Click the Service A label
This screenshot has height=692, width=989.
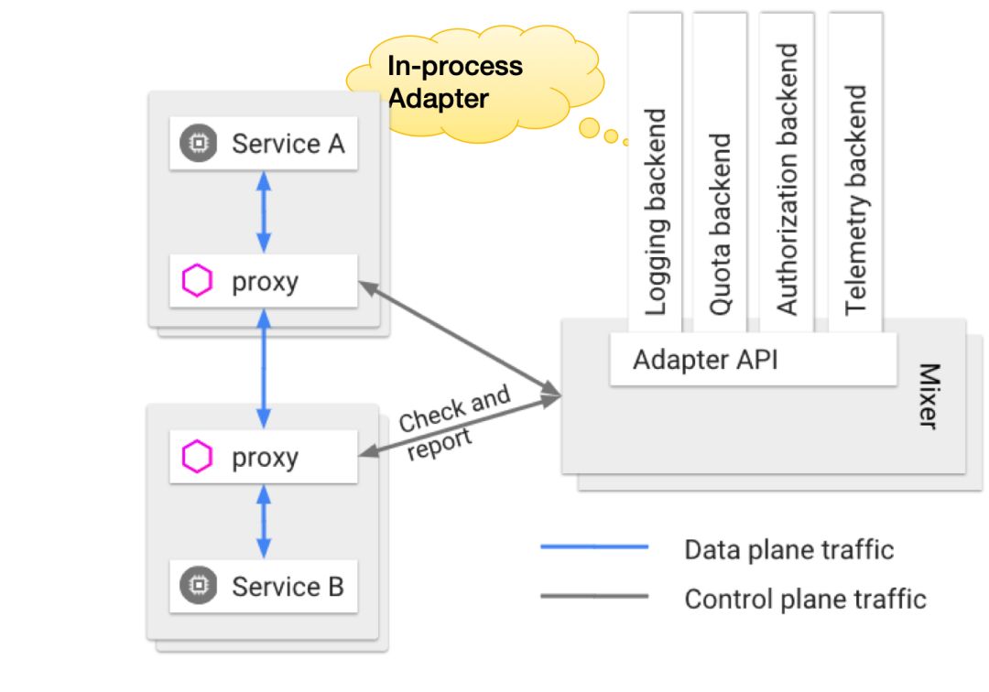(288, 144)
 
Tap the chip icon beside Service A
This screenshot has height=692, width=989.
(199, 144)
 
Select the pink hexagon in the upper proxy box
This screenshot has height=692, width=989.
(198, 281)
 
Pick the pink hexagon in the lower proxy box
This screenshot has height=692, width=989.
(198, 457)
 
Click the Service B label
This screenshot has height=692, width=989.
(288, 586)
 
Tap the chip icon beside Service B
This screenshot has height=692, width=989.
(199, 586)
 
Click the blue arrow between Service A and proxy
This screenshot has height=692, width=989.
(264, 212)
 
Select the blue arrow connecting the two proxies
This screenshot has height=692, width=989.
(264, 368)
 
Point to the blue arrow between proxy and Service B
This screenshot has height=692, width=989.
(264, 521)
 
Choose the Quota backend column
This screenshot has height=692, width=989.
(721, 224)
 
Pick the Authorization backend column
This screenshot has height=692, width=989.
(788, 178)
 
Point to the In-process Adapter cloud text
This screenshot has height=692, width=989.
(455, 81)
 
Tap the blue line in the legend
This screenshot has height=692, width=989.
(593, 547)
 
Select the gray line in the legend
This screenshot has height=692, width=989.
(593, 598)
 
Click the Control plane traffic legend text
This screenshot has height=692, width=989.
(805, 599)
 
